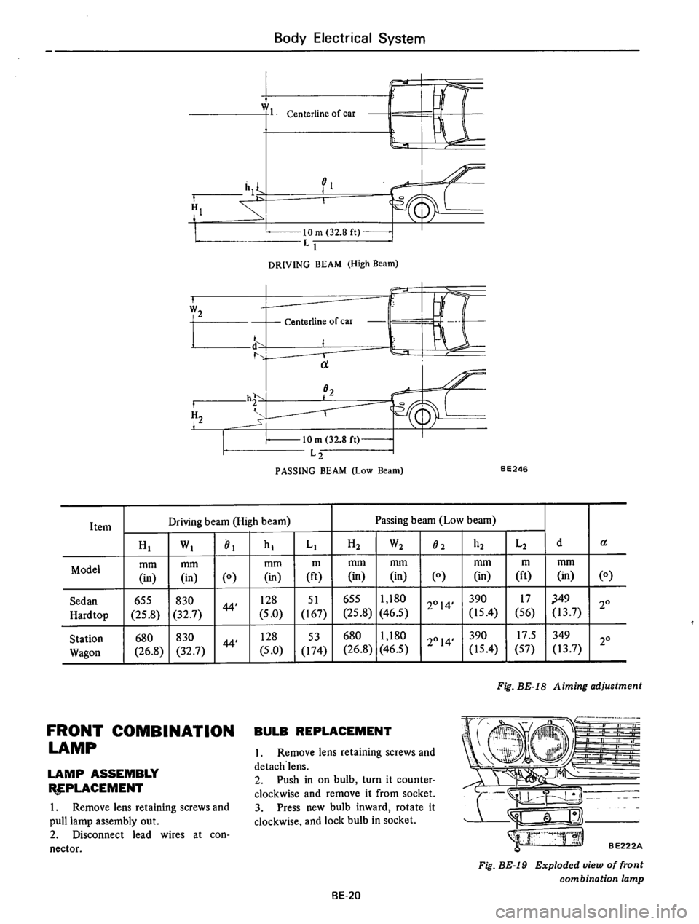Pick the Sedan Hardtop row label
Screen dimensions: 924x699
coord(92,599)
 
